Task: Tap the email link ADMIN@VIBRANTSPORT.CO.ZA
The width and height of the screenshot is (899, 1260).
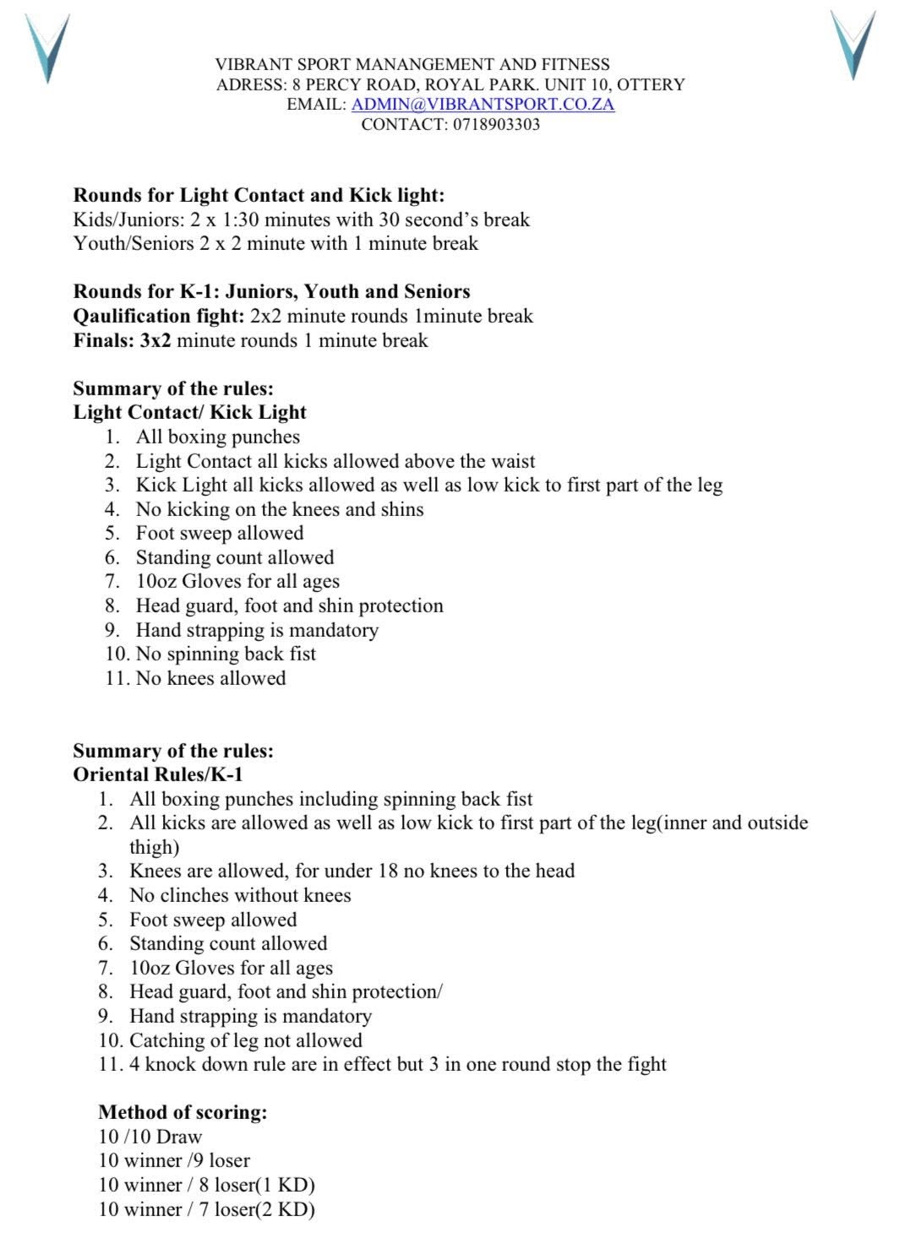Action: click(x=482, y=104)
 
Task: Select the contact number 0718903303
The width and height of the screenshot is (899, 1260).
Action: click(x=496, y=124)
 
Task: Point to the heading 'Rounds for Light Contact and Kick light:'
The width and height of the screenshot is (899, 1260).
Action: click(x=259, y=195)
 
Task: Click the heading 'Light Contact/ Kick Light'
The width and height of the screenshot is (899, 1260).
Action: click(x=189, y=412)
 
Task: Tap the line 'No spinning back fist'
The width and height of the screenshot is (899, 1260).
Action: click(x=226, y=654)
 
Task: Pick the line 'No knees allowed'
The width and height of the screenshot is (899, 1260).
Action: click(x=210, y=678)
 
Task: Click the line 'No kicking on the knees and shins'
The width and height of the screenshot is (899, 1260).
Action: click(x=280, y=509)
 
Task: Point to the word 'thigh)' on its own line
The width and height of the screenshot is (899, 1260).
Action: click(x=154, y=847)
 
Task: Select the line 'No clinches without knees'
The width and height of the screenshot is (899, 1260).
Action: click(x=240, y=895)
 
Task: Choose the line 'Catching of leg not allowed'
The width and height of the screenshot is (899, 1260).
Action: click(x=245, y=1040)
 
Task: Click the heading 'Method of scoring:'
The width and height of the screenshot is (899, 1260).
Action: click(x=183, y=1112)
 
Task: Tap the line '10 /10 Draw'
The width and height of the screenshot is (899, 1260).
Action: click(x=150, y=1137)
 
